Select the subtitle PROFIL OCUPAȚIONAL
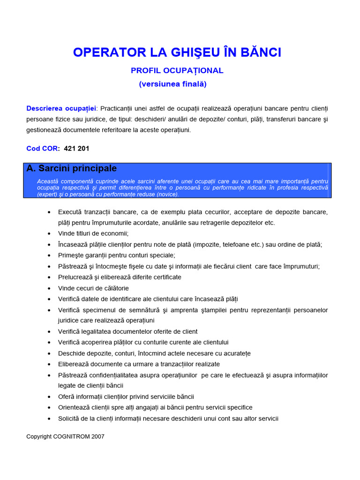177,71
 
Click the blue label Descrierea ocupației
61,108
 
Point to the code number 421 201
76,149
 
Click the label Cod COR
43,149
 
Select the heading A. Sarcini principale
72,168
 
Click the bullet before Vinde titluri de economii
49,233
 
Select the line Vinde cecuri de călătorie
93,288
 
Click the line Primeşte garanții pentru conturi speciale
116,255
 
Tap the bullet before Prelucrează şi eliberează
49,277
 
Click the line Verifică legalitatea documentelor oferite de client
127,331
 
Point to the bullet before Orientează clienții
49,408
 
